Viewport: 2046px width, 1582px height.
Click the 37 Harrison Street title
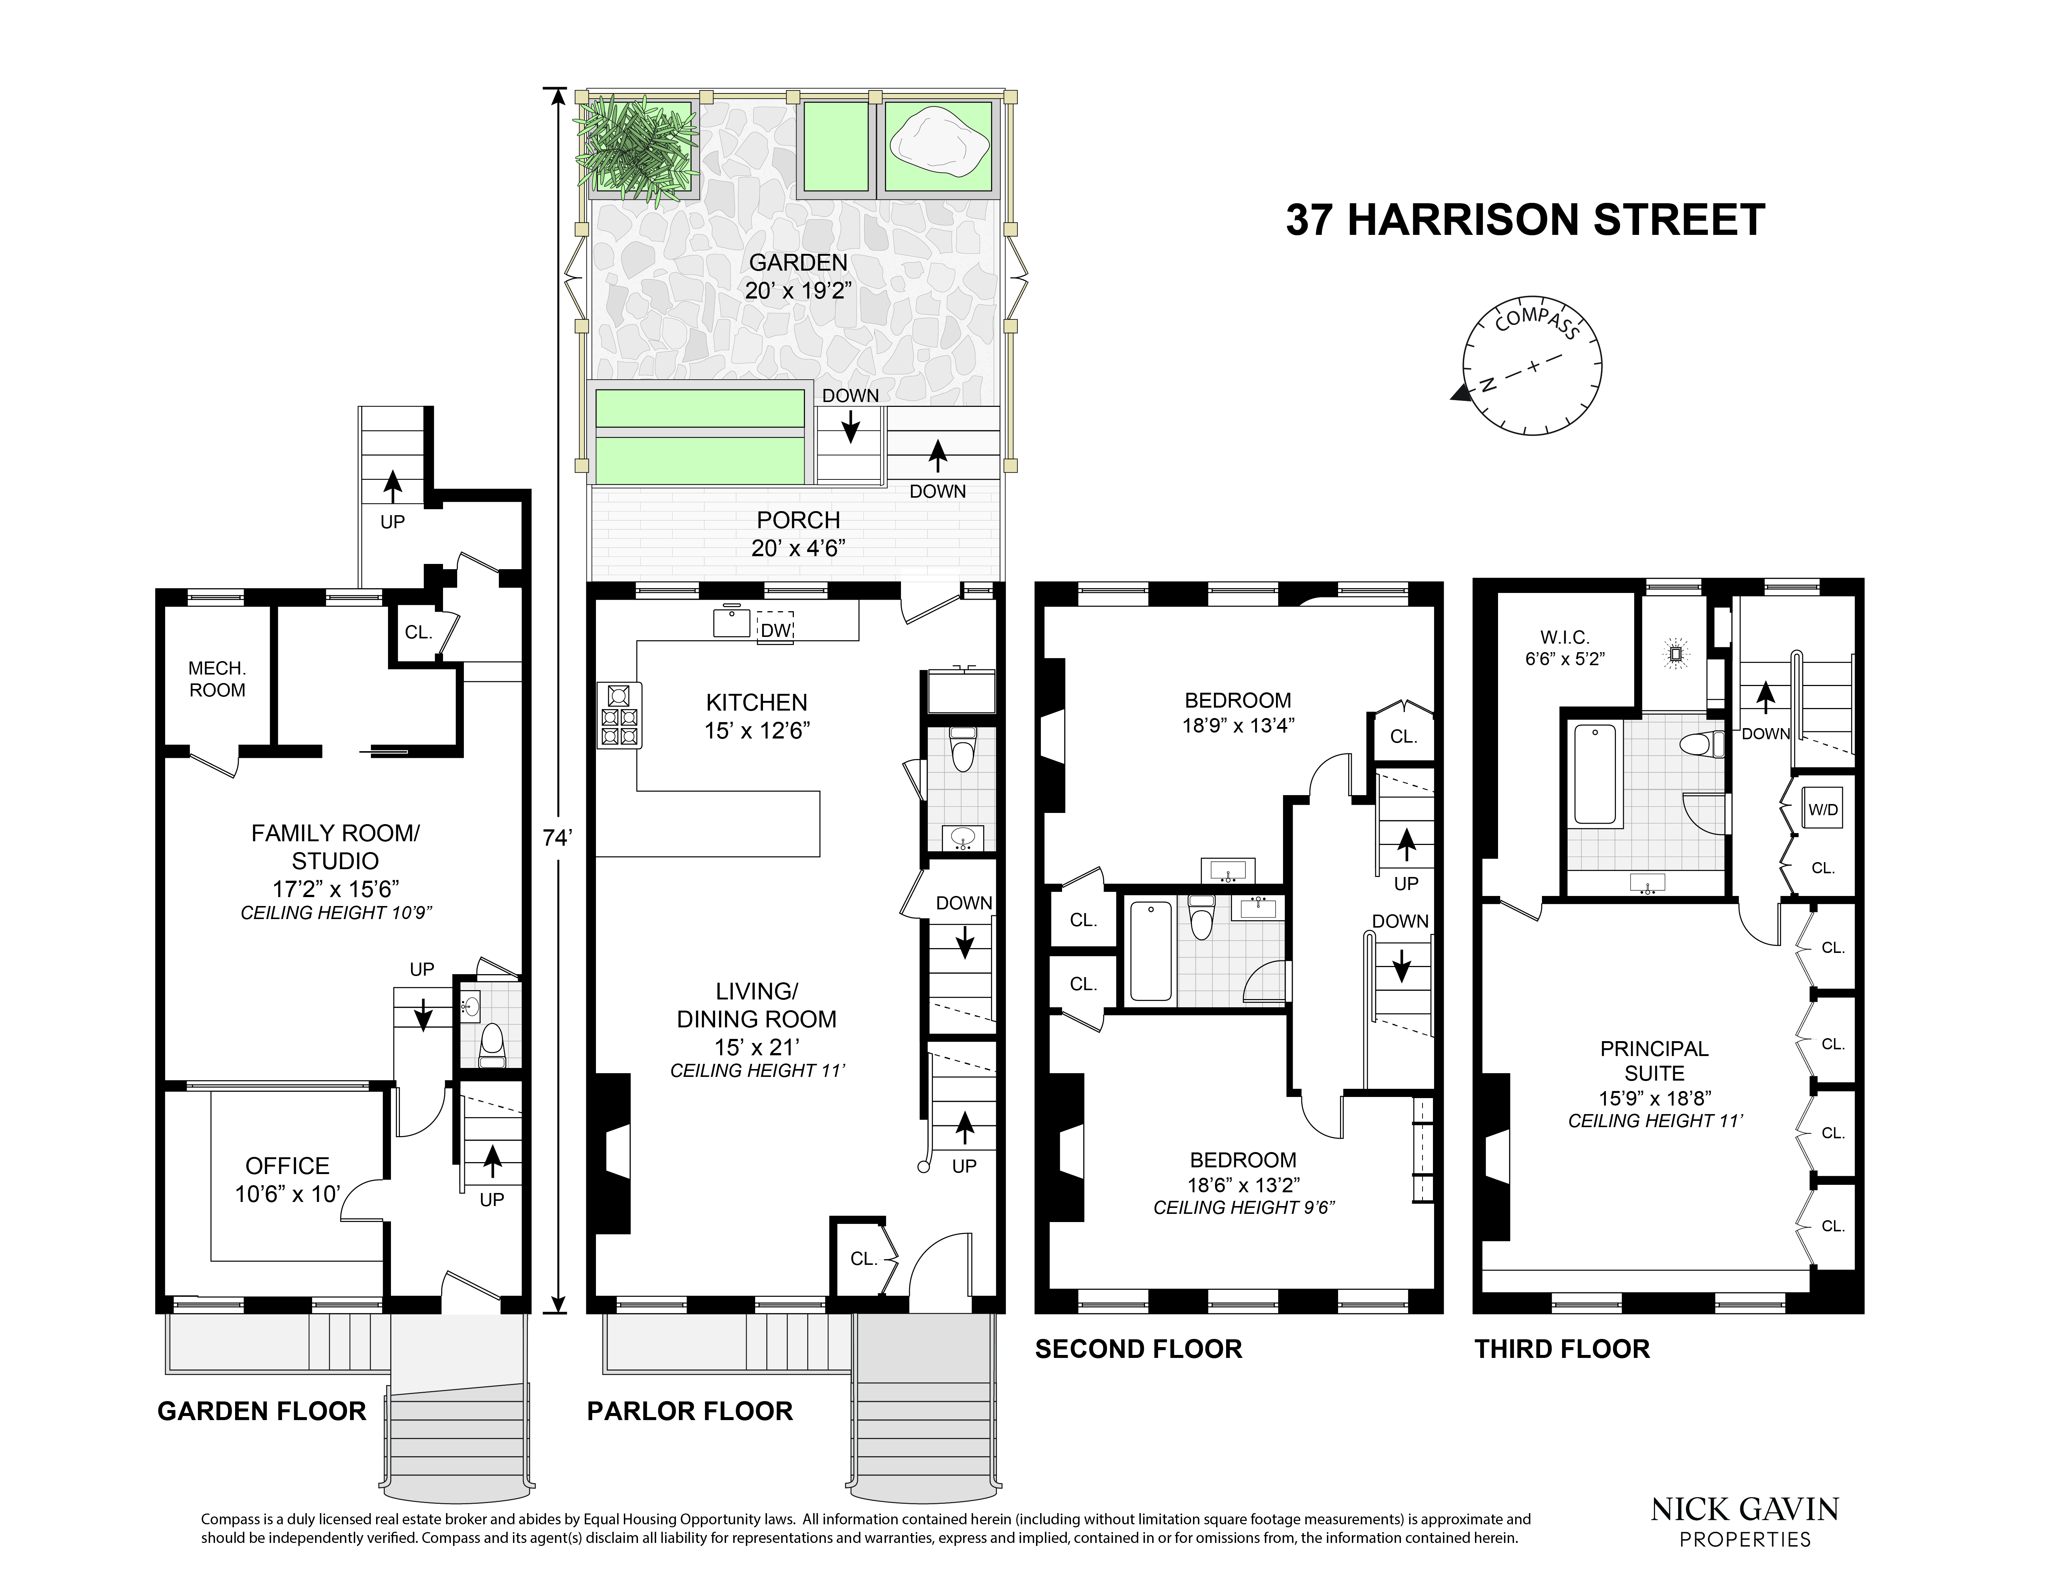[1525, 219]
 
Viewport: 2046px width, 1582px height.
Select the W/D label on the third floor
[1822, 810]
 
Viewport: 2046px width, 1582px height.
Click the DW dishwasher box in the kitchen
[776, 630]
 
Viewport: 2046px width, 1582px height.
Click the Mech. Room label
[217, 679]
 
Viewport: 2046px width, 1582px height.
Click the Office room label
[288, 1179]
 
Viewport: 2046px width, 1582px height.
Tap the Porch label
[798, 532]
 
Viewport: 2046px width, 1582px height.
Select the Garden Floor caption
[262, 1412]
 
